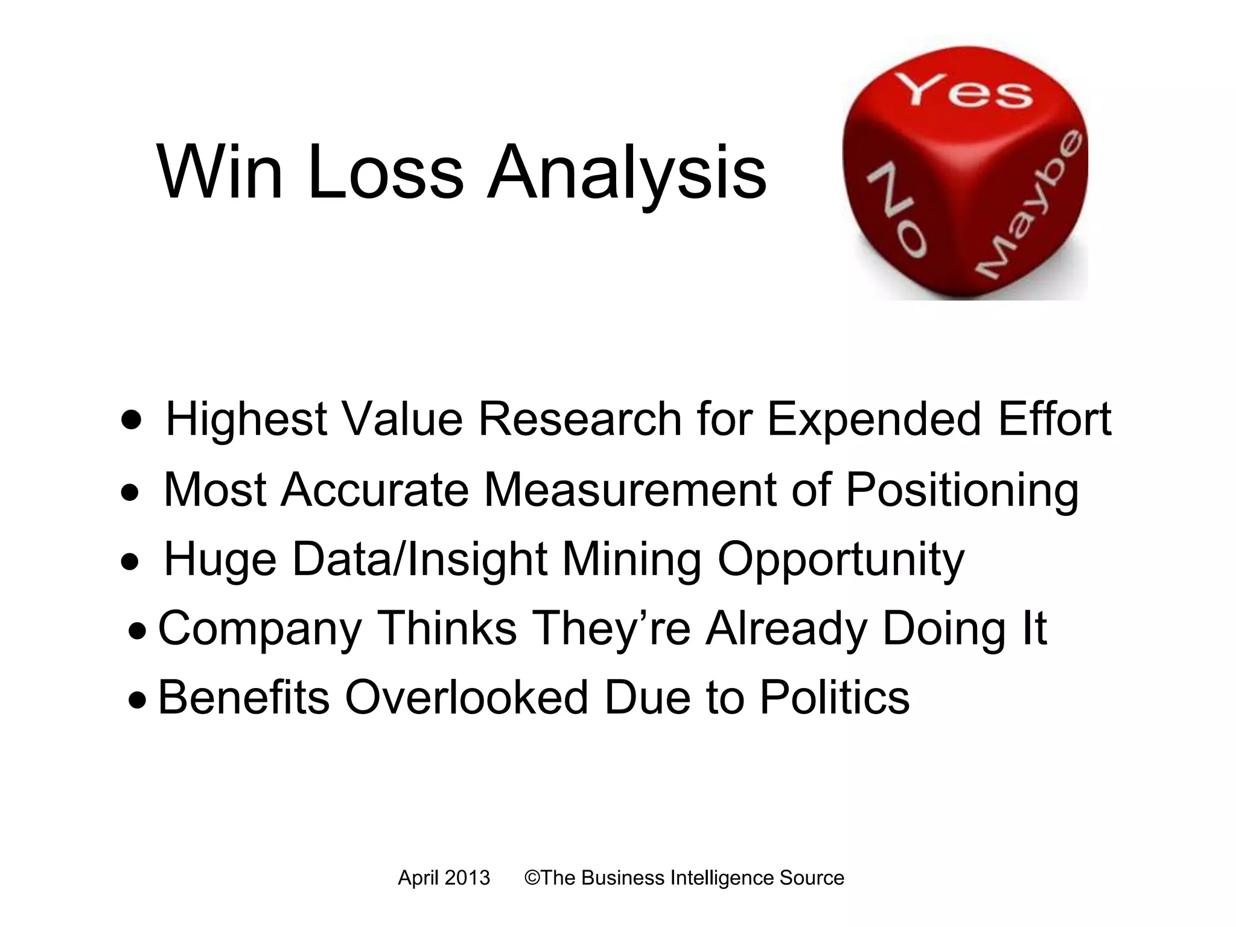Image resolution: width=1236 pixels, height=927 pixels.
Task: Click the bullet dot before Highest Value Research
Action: [132, 419]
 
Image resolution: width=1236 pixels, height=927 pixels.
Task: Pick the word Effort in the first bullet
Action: [1055, 419]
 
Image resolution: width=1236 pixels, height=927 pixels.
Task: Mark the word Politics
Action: [834, 698]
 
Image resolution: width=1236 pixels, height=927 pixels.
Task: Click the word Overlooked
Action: [467, 698]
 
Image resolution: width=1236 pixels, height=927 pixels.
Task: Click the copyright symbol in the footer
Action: [532, 878]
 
